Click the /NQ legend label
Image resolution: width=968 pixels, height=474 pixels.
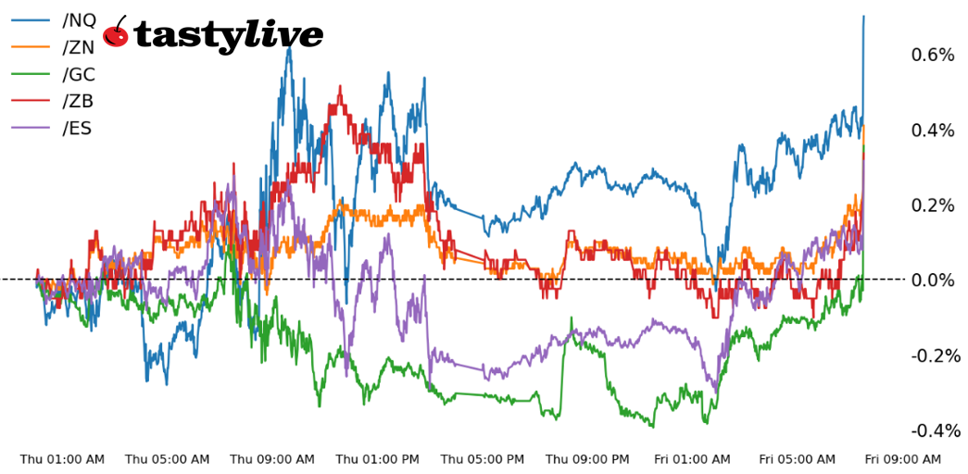click(79, 20)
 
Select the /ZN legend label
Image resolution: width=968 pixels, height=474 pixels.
click(79, 47)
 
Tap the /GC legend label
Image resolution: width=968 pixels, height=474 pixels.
click(79, 75)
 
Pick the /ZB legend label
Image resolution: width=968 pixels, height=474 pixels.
click(78, 102)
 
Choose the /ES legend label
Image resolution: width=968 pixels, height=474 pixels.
click(78, 129)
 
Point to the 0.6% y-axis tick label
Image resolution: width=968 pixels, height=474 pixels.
click(933, 56)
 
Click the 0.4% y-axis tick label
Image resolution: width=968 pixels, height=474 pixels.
click(933, 131)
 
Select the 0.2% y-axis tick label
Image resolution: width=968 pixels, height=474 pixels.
click(933, 206)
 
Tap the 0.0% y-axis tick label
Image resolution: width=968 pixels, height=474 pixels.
click(933, 281)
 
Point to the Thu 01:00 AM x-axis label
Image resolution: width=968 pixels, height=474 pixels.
click(62, 459)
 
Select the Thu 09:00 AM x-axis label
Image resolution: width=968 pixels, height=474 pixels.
click(272, 459)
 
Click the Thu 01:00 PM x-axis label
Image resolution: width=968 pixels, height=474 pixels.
click(378, 459)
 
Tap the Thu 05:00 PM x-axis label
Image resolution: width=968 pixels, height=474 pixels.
click(483, 459)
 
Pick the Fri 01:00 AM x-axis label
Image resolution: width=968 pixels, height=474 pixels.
click(692, 459)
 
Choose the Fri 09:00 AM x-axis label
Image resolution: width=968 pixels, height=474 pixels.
click(903, 459)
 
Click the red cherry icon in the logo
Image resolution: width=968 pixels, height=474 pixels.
click(117, 34)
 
